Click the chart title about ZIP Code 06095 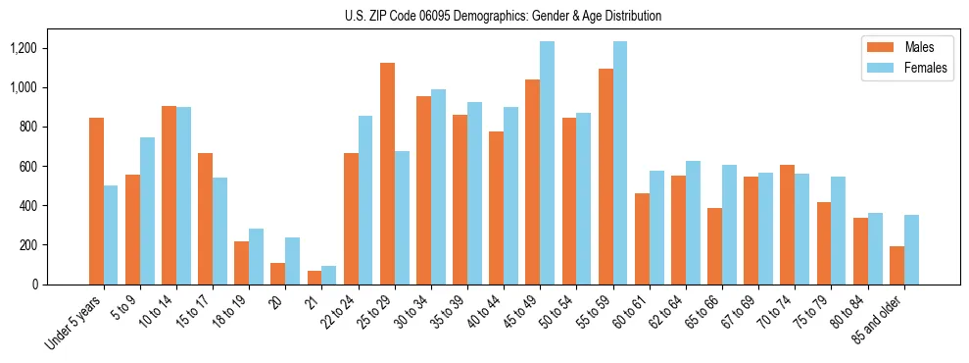pos(503,16)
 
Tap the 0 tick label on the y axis pos(33,285)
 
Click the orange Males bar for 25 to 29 pos(387,174)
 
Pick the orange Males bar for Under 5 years pos(96,201)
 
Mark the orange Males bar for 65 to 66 pos(714,246)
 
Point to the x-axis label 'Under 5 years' pos(76,324)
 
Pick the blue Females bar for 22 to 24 pos(365,200)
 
